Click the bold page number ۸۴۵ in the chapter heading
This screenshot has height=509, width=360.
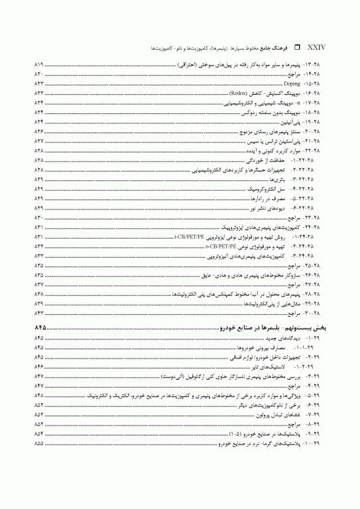40,328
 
